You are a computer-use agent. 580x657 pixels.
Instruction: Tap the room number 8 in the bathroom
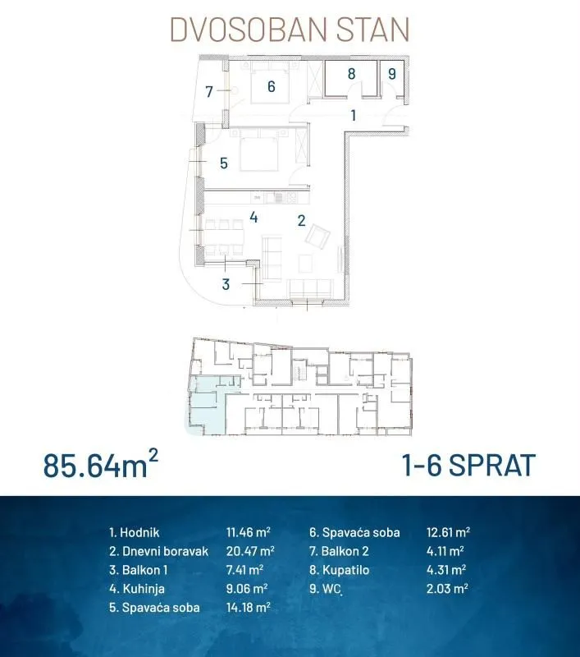(351, 74)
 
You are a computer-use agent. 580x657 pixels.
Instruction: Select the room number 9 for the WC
(391, 74)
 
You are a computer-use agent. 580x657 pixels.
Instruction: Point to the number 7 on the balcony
(209, 91)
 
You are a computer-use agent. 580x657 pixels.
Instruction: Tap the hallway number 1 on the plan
(354, 115)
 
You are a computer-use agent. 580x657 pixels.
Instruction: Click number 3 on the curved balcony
(226, 284)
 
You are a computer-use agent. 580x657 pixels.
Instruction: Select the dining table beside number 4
(224, 237)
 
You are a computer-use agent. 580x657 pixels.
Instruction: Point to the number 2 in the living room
(301, 220)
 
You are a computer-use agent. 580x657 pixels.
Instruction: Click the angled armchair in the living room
(317, 237)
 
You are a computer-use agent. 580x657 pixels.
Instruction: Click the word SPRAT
(492, 465)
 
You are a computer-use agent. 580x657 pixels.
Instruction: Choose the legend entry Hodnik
(135, 532)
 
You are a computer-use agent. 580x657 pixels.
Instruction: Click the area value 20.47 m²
(250, 551)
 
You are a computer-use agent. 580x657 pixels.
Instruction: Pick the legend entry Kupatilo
(340, 570)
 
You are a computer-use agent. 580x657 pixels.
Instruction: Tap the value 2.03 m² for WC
(447, 589)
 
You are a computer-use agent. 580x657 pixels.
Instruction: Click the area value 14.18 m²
(248, 607)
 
